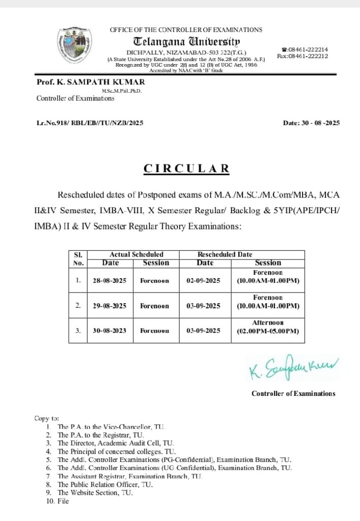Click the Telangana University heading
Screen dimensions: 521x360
pos(187,41)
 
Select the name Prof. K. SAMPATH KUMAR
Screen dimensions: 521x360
pos(91,82)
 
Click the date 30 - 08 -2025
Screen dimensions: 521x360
pos(311,123)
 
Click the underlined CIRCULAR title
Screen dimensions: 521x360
pos(187,169)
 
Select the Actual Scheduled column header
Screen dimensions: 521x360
pos(136,254)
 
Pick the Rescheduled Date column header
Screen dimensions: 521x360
pos(224,254)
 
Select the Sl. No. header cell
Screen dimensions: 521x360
pos(78,258)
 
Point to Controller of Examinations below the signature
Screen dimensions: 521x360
pos(293,393)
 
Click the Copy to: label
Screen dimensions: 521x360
pos(47,418)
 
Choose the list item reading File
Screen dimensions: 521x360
pos(63,501)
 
